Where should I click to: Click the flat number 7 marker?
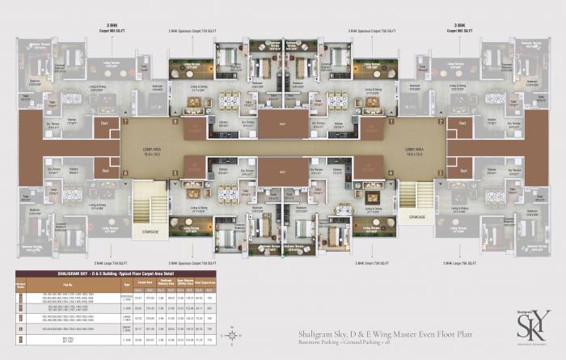125,123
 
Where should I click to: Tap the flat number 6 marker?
390,123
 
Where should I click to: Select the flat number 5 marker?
441,123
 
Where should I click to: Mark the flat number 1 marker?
125,172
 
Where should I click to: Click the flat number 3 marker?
390,172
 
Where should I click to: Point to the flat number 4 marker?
441,172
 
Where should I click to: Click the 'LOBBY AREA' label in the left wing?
150,149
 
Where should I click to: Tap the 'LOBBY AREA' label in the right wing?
416,149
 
